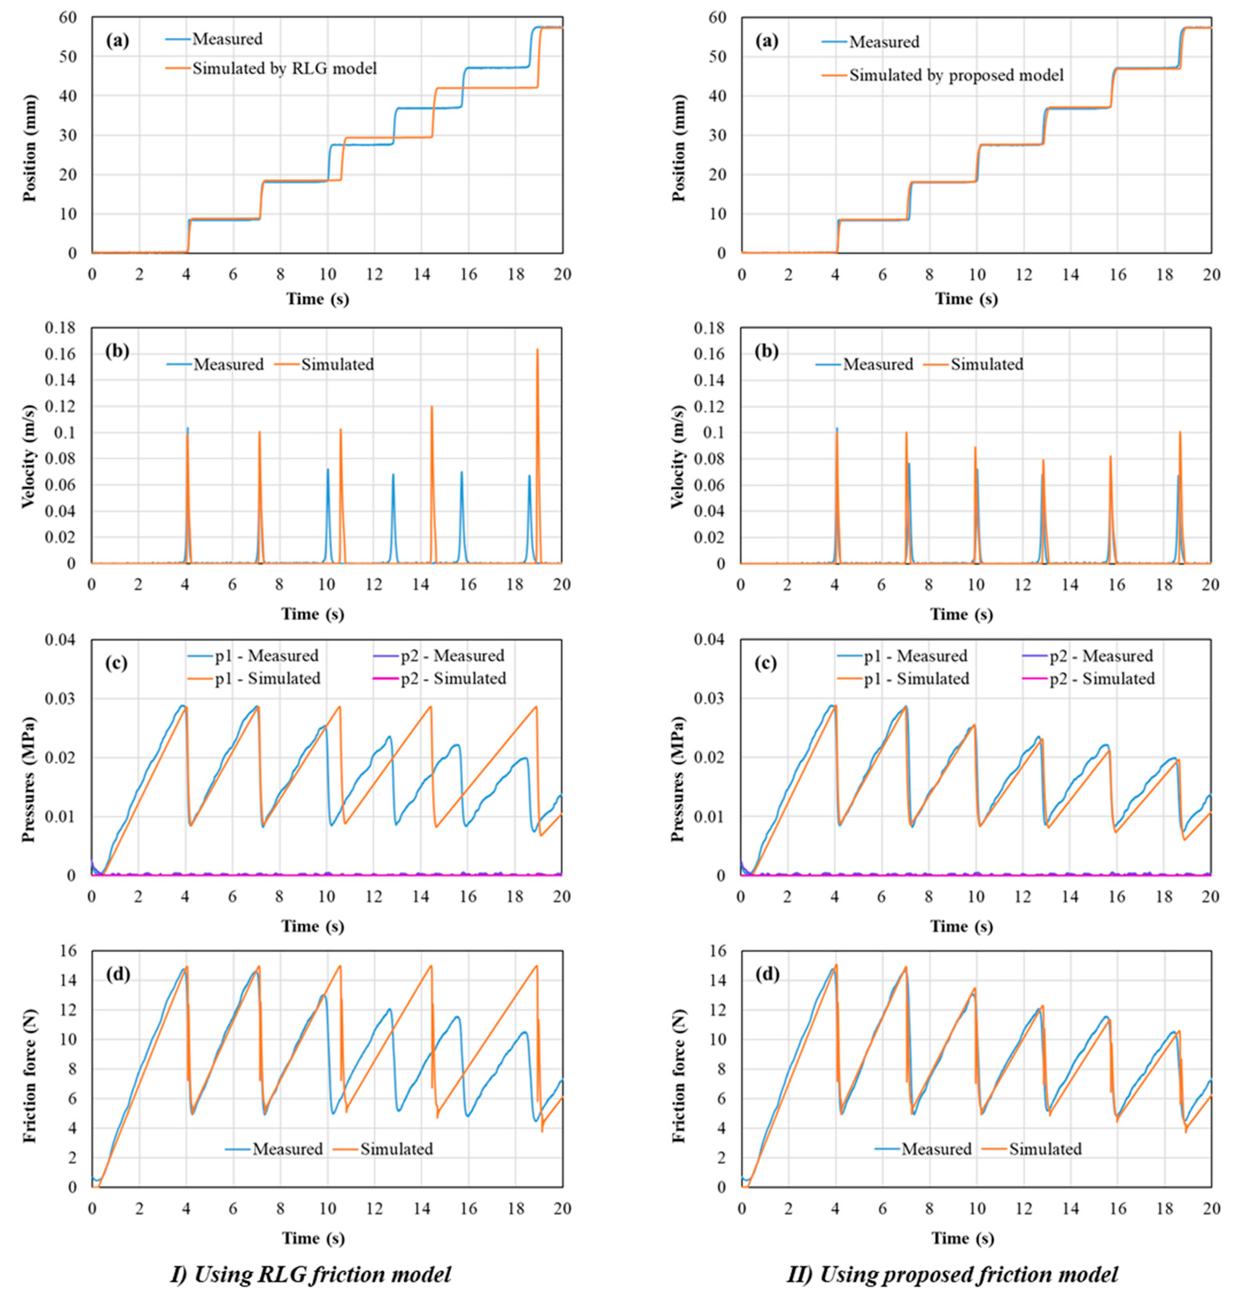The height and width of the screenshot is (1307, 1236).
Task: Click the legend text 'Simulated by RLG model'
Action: click(284, 68)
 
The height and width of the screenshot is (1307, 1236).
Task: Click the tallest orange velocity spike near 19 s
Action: click(537, 352)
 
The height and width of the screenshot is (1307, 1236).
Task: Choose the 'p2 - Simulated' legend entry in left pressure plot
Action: click(453, 678)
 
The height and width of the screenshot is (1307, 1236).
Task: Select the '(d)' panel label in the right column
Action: click(766, 974)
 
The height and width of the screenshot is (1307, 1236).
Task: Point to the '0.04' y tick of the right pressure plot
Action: click(712, 640)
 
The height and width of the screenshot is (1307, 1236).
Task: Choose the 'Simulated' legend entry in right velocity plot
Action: click(986, 364)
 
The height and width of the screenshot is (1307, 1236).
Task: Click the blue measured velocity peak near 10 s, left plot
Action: click(327, 469)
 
